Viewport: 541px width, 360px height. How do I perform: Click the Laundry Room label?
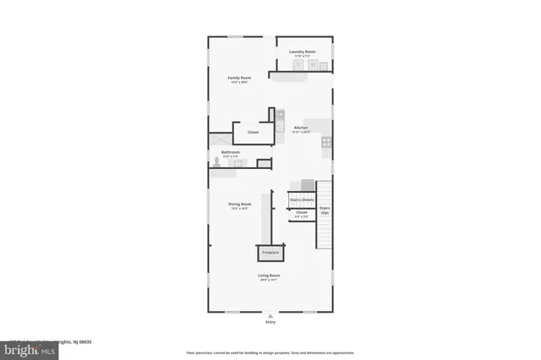pos(302,52)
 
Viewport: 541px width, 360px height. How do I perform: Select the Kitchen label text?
pos(301,128)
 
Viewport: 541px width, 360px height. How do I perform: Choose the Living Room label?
pos(270,275)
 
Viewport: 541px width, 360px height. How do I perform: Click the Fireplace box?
pos(270,253)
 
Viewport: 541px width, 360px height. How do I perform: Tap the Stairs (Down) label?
pos(302,199)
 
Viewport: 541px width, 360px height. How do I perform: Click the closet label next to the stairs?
pos(302,213)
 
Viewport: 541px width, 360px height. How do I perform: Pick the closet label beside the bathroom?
pos(253,133)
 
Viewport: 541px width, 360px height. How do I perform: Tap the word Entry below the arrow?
pos(270,322)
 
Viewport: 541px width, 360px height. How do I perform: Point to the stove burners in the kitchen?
pos(325,143)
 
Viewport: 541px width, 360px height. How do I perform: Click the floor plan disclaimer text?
pos(270,352)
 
